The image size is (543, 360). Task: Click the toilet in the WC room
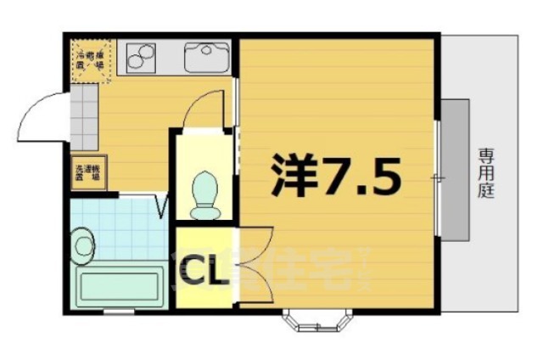pyautogui.click(x=204, y=194)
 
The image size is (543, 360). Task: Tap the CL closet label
pyautogui.click(x=201, y=273)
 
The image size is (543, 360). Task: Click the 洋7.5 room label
pyautogui.click(x=334, y=174)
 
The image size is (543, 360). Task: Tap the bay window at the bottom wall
pyautogui.click(x=317, y=320)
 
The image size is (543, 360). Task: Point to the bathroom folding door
pyautogui.click(x=161, y=205)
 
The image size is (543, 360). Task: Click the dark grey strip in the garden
pyautogui.click(x=456, y=170)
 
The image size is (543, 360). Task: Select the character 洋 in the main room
pyautogui.click(x=292, y=174)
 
